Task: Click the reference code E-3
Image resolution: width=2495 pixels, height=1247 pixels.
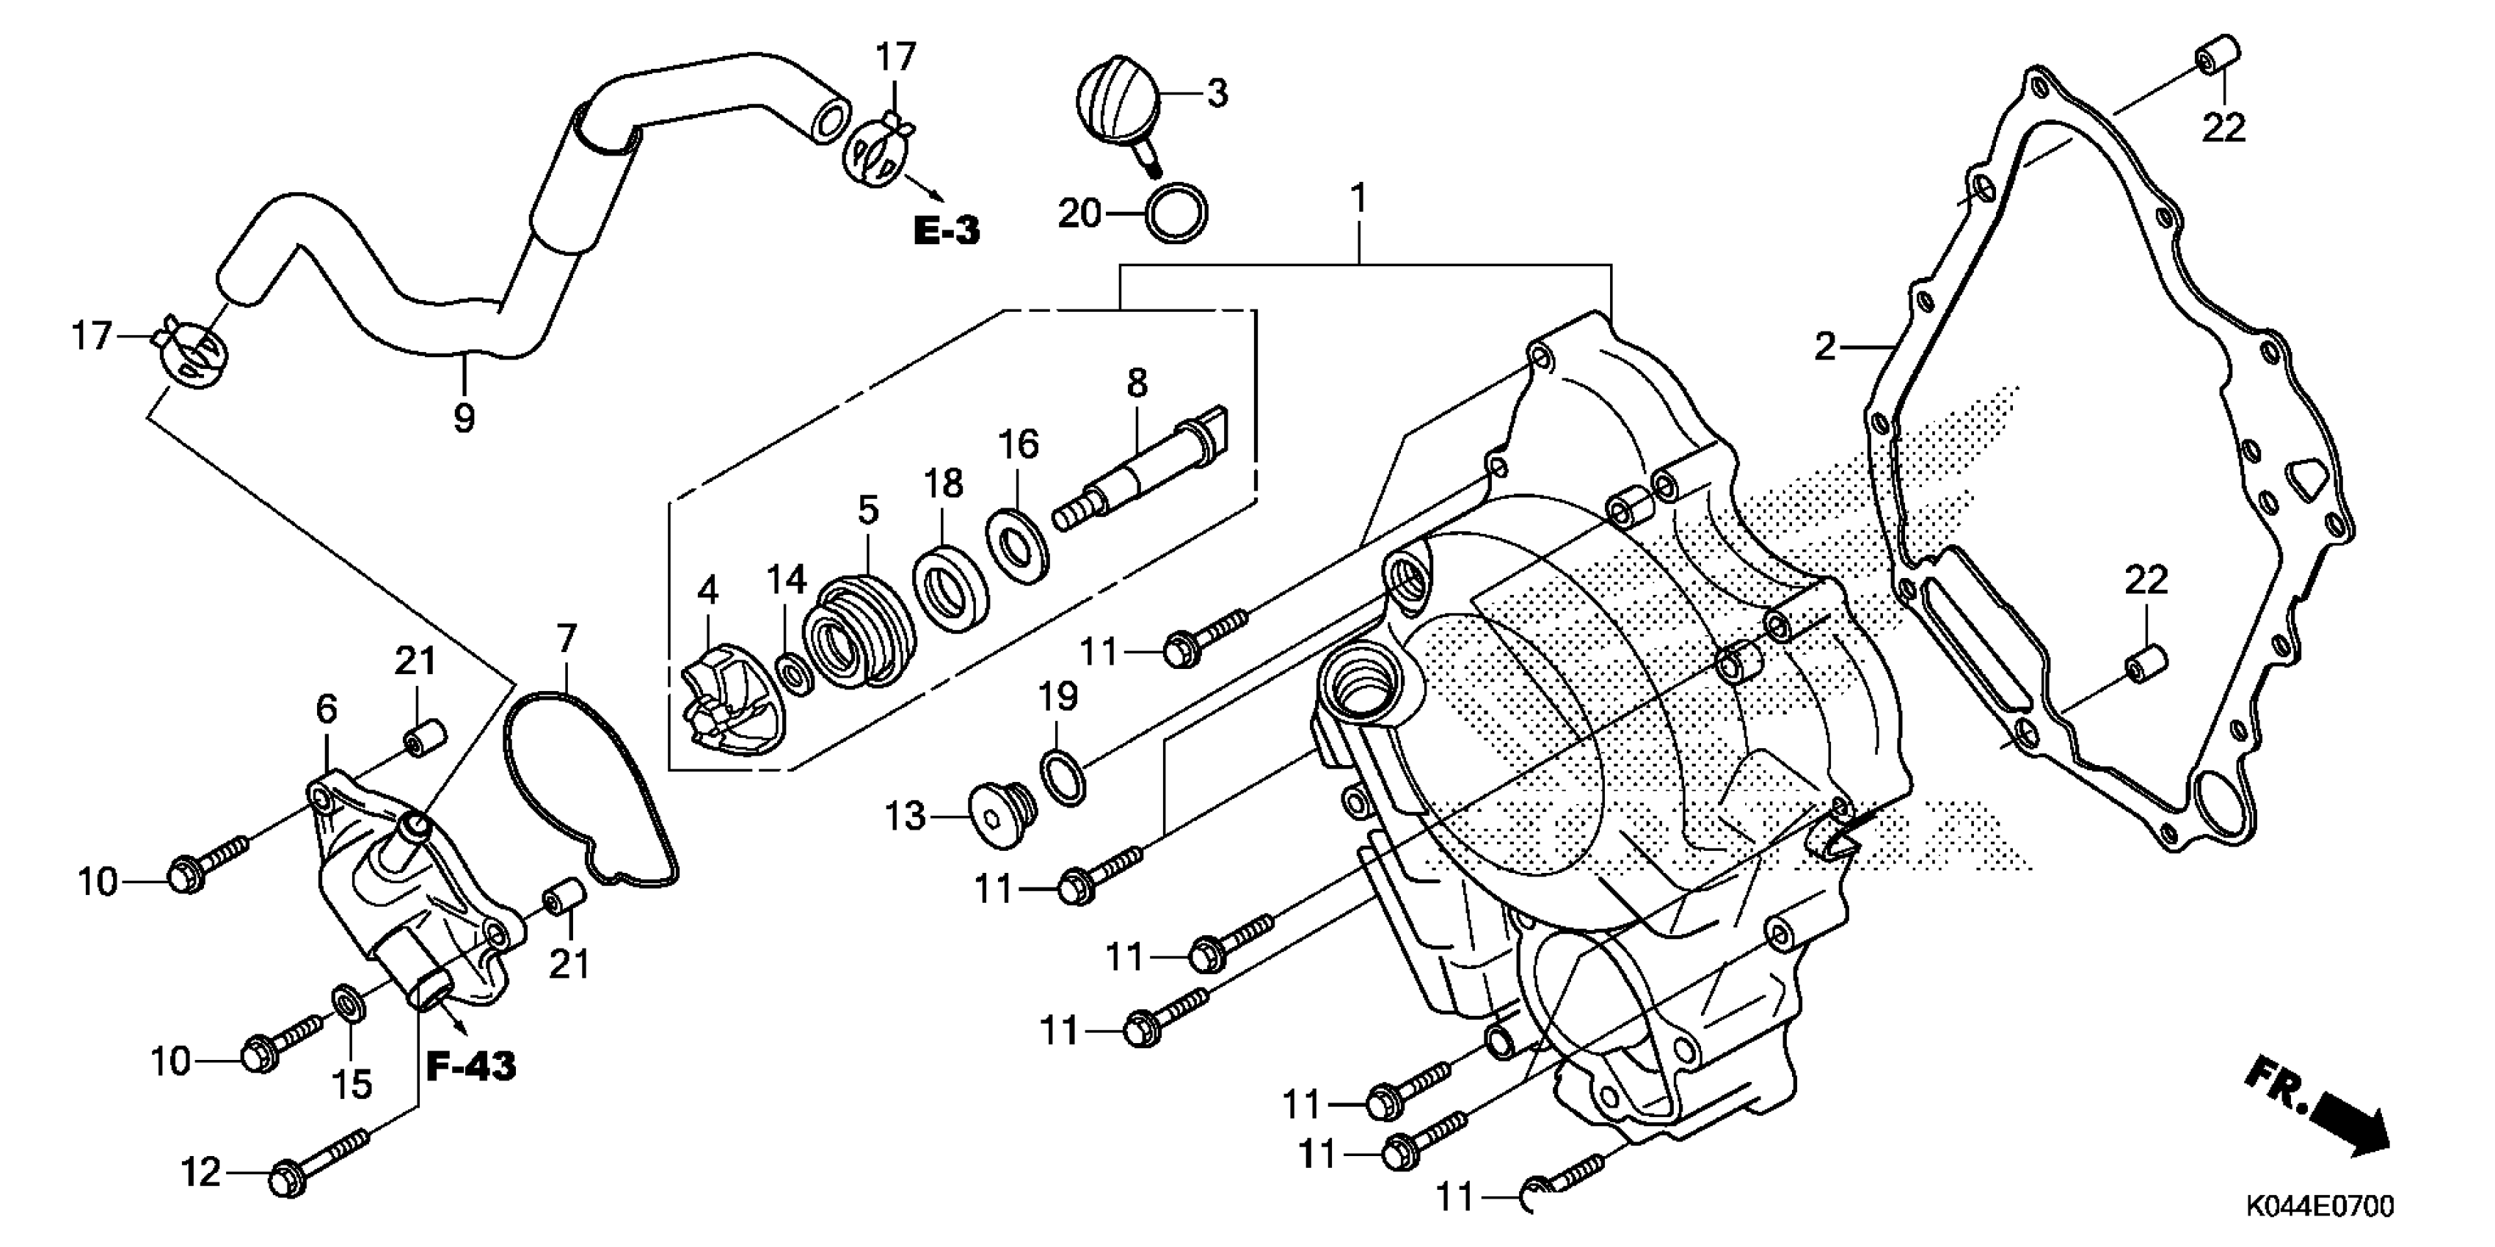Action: coord(947,230)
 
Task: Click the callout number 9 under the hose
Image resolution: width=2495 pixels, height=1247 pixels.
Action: coord(464,418)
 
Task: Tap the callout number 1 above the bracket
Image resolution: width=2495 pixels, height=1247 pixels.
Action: coord(1359,199)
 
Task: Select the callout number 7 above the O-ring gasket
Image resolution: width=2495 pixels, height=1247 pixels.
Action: coord(567,639)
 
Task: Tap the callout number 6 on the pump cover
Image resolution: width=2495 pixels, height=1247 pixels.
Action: coord(327,709)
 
